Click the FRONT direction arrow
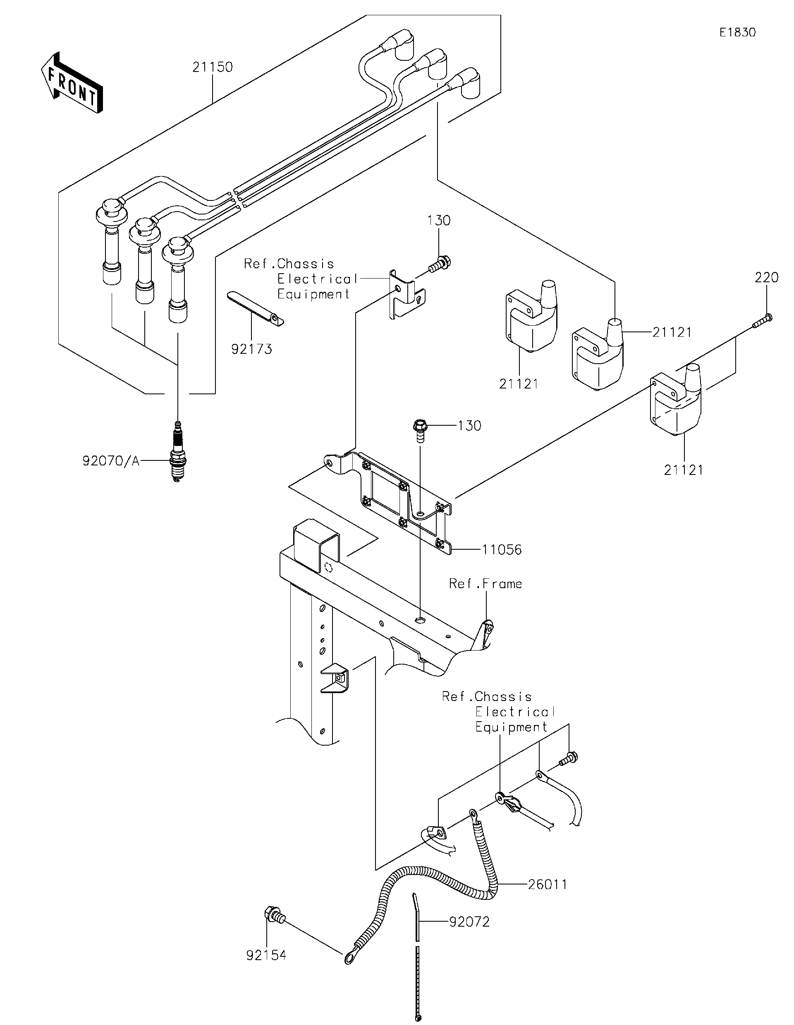[72, 83]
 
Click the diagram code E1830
[737, 32]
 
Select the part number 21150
[212, 67]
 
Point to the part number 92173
[252, 349]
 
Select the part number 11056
[502, 550]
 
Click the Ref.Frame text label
[485, 584]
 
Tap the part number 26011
[548, 884]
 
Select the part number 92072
[469, 922]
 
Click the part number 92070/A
[111, 461]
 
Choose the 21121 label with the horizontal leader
[672, 332]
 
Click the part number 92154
[266, 955]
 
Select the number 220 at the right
[766, 278]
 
